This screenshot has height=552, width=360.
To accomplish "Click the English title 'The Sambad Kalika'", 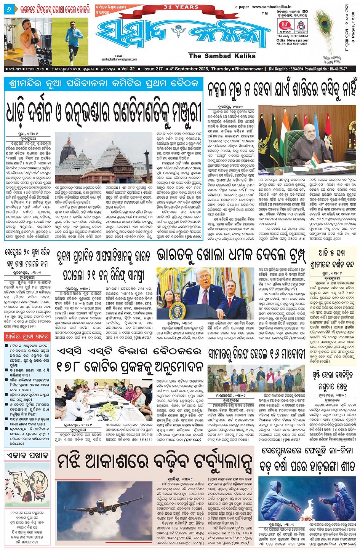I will coord(222,56).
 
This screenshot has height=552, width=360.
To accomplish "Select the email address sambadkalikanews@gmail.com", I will coord(119,59).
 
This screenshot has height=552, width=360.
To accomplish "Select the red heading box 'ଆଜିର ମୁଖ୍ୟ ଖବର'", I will coord(27,337).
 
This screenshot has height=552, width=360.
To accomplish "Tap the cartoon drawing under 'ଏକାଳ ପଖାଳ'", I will coord(27,483).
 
